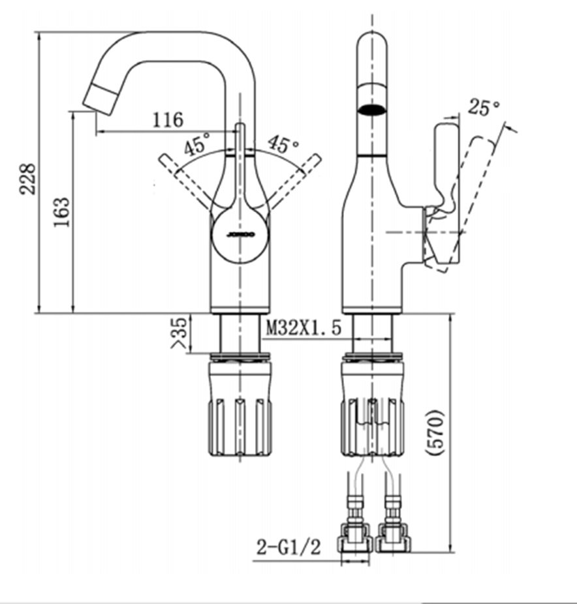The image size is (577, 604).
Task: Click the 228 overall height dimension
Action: coord(28,179)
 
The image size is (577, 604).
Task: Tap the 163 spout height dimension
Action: coord(61,212)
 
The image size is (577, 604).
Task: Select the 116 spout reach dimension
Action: coord(168,120)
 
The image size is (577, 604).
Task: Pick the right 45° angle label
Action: coord(283,143)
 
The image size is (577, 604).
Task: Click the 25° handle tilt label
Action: coord(484,107)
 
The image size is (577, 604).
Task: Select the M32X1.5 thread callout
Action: coord(304,328)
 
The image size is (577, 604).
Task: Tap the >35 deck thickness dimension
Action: coord(179,333)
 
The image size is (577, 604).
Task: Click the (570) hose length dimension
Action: coord(436,433)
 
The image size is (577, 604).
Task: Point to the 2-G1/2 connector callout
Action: coord(288,547)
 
